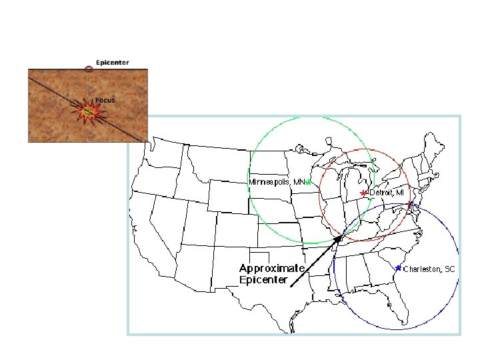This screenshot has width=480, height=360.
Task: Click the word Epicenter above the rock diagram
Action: (112, 63)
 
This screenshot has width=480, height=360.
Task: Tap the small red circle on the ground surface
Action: (89, 68)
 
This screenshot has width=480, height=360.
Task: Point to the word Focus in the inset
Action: (105, 101)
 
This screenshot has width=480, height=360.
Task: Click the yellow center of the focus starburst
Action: (88, 113)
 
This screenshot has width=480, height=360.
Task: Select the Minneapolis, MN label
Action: (277, 181)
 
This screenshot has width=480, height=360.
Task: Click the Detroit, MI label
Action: (387, 193)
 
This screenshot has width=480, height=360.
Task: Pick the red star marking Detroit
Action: (363, 193)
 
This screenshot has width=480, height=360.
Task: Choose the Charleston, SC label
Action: (429, 269)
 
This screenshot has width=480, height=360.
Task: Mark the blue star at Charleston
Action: (398, 268)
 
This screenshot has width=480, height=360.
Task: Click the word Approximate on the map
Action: (272, 268)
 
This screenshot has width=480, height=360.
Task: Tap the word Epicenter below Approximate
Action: (263, 280)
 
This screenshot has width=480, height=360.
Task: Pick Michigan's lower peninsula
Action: (353, 187)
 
